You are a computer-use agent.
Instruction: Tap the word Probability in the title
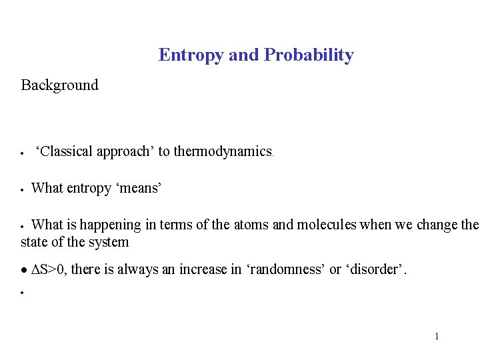point(309,55)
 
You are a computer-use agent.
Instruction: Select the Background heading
point(59,85)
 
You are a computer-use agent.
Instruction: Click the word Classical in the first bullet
point(65,151)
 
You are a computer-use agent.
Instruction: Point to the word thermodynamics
point(223,151)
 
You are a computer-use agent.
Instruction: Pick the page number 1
point(437,336)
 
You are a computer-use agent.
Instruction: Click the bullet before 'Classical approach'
point(23,153)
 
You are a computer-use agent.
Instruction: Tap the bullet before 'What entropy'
point(23,190)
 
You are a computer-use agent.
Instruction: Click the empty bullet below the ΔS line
point(23,293)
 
